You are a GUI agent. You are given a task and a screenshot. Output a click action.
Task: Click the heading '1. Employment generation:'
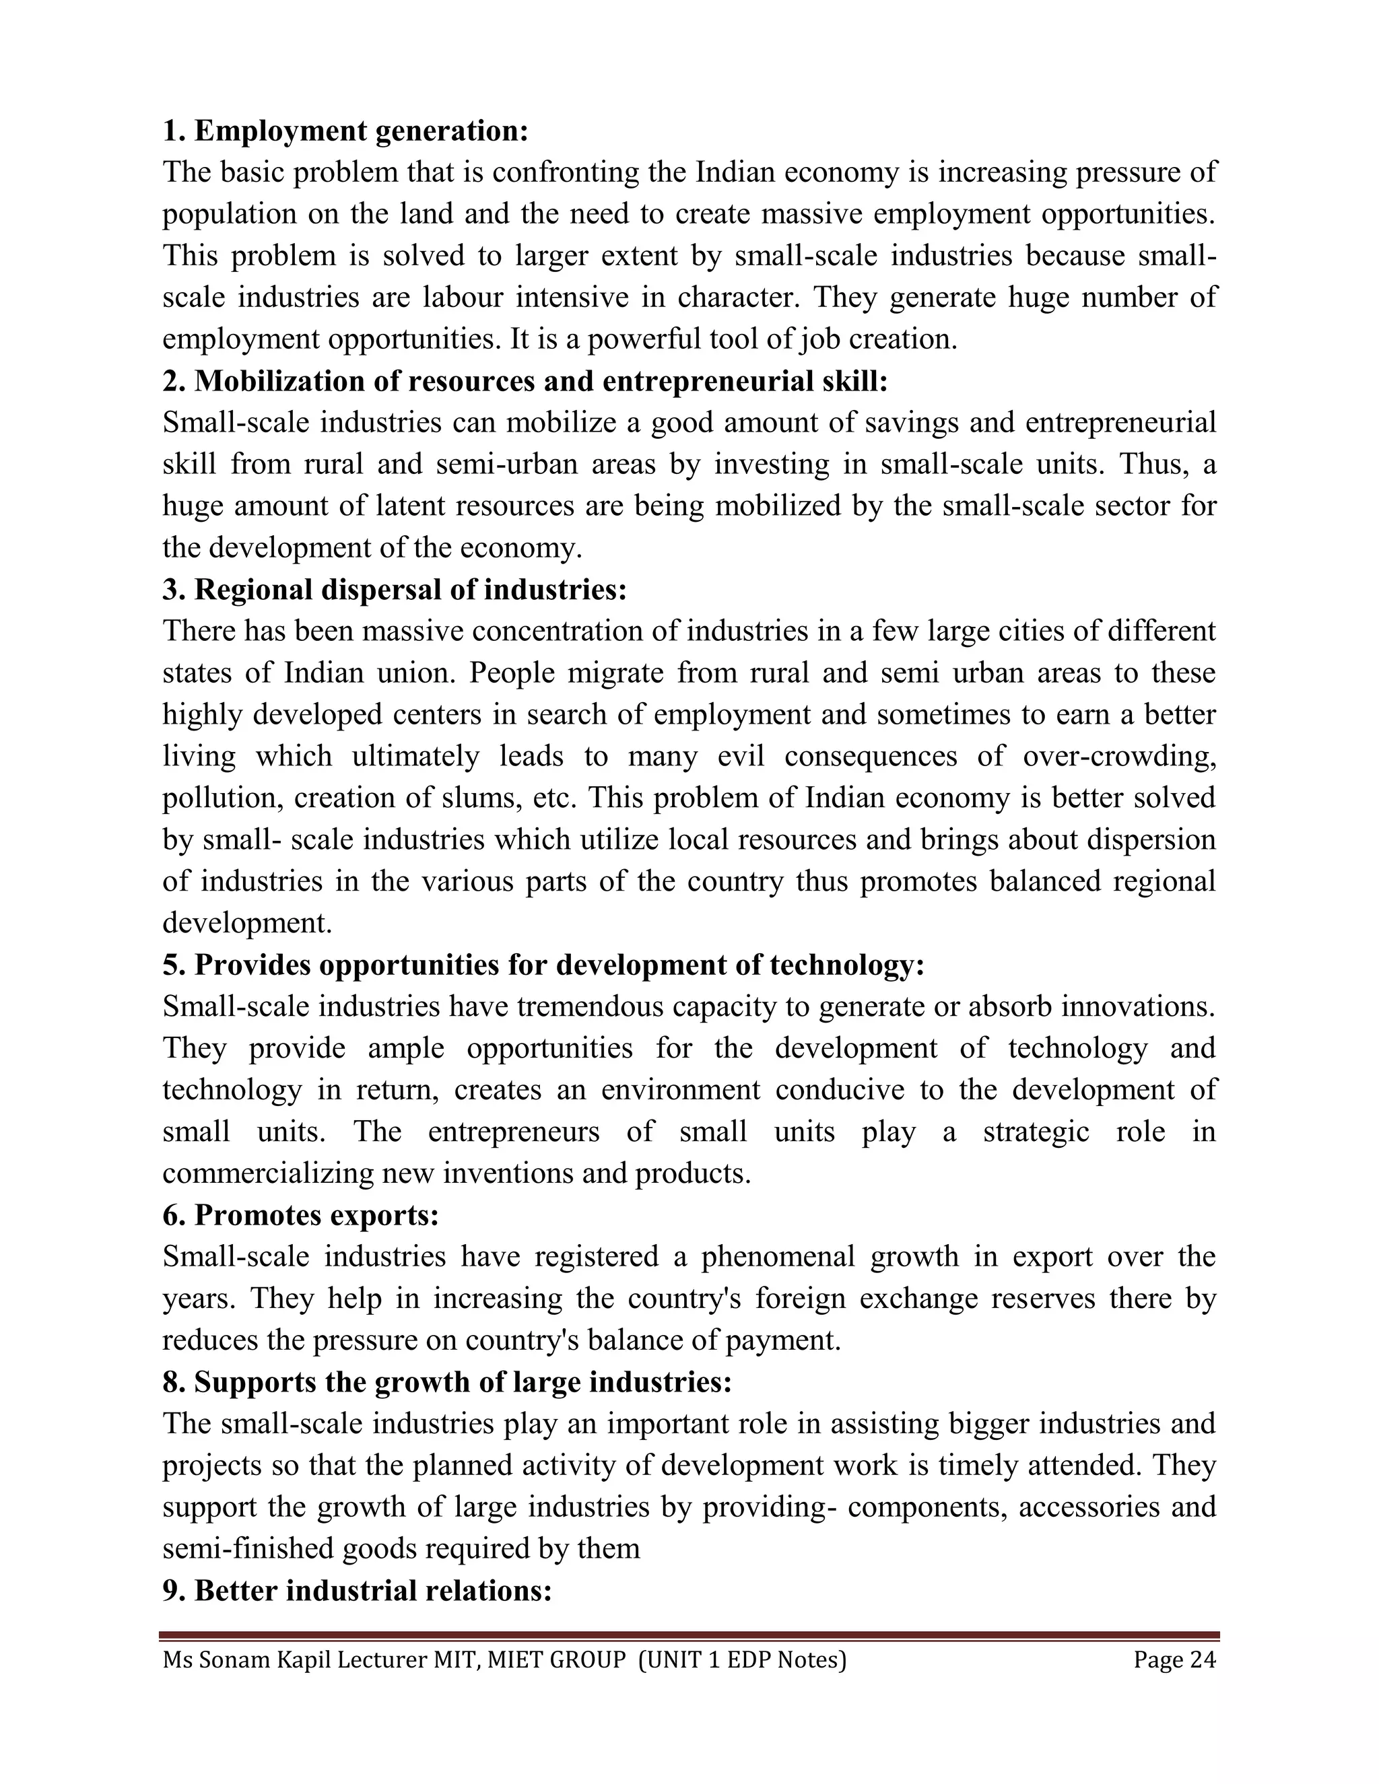345,131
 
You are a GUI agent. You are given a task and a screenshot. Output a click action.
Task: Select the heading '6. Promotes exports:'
300,1214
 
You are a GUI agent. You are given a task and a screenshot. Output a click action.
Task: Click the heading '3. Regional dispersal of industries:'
395,589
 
